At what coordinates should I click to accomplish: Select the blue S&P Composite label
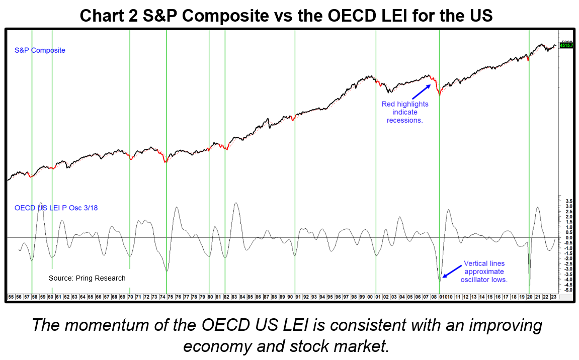[x=40, y=50]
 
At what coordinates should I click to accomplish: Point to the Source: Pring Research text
[x=87, y=278]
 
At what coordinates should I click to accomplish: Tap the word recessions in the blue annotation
[x=405, y=121]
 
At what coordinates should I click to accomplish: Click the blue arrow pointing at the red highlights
[x=421, y=92]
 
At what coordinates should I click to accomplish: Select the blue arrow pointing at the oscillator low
[x=451, y=272]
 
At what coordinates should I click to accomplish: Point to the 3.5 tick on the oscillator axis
[x=568, y=201]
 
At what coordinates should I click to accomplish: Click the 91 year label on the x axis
[x=298, y=297]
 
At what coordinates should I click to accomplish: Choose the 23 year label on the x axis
[x=553, y=297]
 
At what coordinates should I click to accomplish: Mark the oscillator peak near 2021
[x=538, y=207]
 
